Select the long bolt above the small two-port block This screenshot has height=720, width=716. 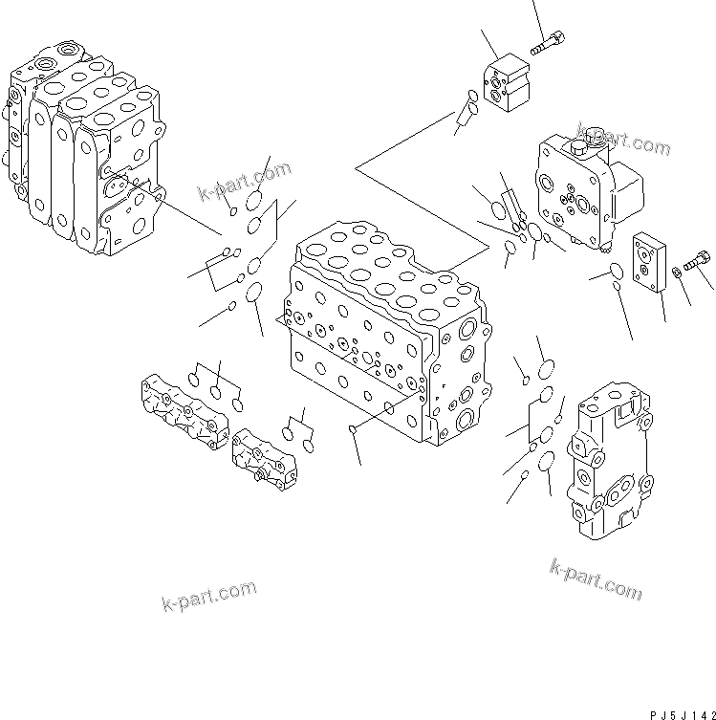tap(546, 43)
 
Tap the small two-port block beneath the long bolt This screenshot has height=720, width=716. tap(511, 84)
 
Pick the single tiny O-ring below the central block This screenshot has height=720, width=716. tap(354, 429)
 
